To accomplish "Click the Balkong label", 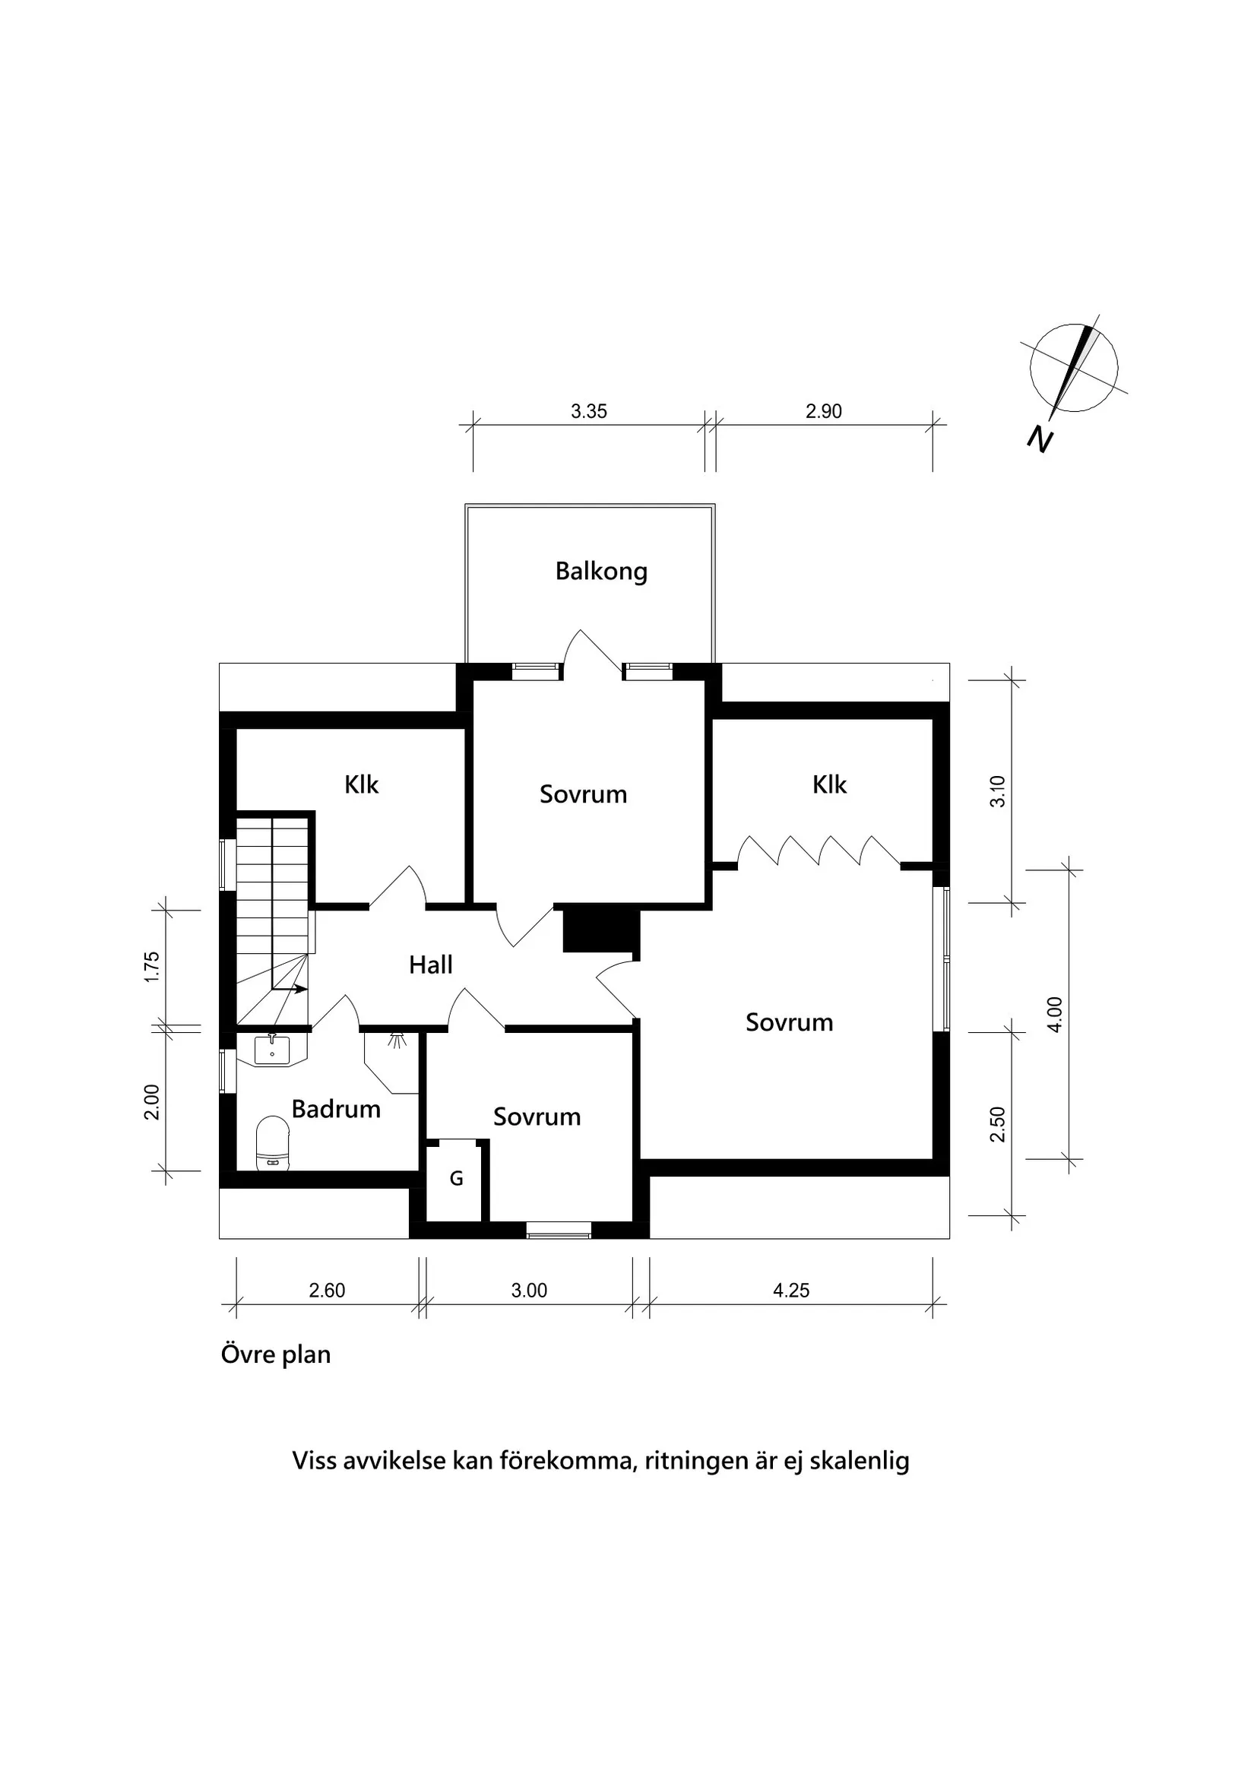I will (x=601, y=572).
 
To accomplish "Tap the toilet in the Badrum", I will (x=272, y=1142).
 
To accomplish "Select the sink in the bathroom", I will (x=272, y=1051).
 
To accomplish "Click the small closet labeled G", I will (x=457, y=1178).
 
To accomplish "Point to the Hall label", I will (x=430, y=965).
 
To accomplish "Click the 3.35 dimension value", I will (x=589, y=411).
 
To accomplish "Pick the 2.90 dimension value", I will (x=824, y=411).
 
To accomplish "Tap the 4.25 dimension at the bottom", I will (x=791, y=1291).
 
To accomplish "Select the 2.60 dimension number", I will (x=327, y=1291).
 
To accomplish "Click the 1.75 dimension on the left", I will (x=152, y=967).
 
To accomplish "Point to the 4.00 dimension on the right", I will (x=1056, y=1015).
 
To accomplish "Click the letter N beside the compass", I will (x=1040, y=439).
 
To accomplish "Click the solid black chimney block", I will (x=601, y=930).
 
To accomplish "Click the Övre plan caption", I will (x=276, y=1354).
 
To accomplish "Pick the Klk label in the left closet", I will (x=361, y=784).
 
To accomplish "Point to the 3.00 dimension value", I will (x=529, y=1291).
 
